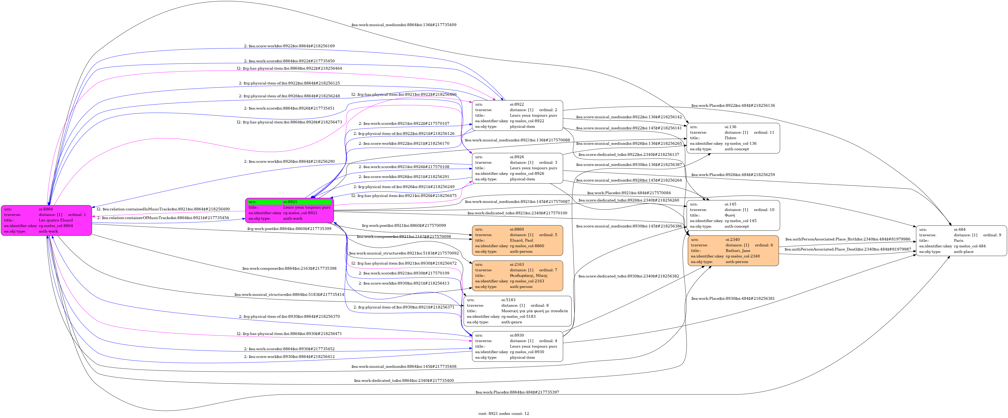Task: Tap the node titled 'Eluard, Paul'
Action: click(517, 240)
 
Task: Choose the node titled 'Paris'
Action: click(961, 240)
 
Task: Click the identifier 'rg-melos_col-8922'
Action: click(527, 121)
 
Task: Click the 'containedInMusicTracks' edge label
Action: click(163, 209)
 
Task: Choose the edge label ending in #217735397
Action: click(517, 392)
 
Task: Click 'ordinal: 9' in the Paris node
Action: click(992, 235)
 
